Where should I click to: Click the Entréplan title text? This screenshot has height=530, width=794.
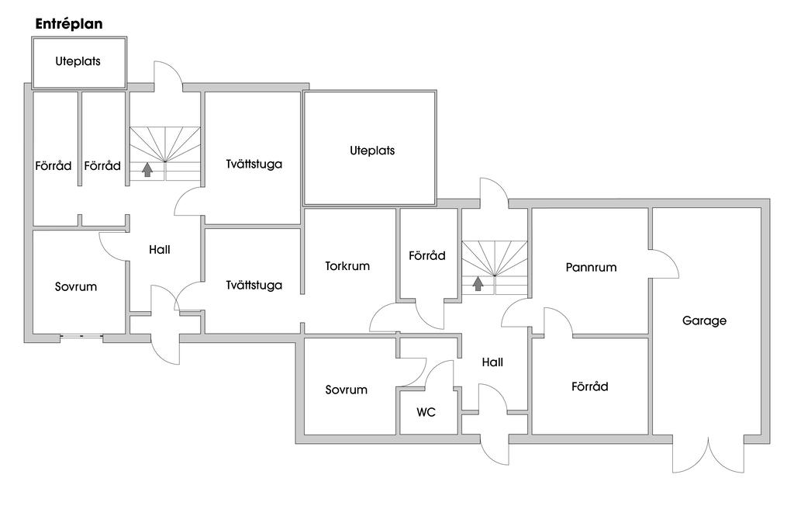point(69,24)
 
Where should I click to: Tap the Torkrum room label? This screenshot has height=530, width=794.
point(347,266)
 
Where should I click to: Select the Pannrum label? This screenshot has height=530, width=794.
point(591,268)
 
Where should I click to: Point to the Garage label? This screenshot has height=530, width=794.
point(704,320)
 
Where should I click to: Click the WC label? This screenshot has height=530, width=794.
point(426,413)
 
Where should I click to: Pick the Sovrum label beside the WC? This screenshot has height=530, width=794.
point(346,390)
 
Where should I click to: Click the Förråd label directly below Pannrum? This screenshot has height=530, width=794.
point(589,386)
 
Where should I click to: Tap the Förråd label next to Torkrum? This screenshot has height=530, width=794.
point(427,255)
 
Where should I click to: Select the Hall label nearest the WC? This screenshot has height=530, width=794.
point(492,362)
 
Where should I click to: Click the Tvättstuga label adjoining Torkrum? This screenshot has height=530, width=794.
point(254,286)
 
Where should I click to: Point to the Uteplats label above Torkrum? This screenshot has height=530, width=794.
point(372,151)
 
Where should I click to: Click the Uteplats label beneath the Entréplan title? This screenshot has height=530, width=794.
point(78,61)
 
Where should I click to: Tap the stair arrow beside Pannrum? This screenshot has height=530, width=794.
point(478,283)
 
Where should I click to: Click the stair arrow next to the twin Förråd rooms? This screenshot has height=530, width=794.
point(147,170)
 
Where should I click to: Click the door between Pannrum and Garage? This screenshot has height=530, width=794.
point(664,265)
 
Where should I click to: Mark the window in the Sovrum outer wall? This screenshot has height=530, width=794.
point(81,336)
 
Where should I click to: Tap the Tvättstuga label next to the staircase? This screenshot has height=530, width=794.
point(254,165)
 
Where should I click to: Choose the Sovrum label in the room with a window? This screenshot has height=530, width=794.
point(76,287)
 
